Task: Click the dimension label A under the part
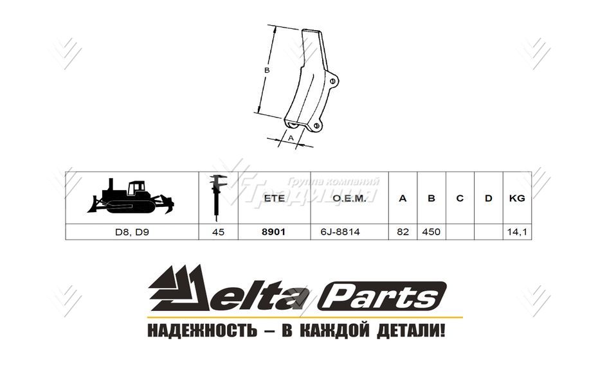290,138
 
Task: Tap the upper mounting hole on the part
332,81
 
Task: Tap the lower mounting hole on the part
316,127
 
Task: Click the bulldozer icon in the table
131,197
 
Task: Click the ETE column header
274,198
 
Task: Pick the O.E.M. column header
349,198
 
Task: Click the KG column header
516,198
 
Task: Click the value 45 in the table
218,231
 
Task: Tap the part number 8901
274,231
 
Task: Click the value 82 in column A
403,231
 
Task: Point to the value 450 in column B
431,231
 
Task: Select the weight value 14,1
516,231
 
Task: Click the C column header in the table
460,198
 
